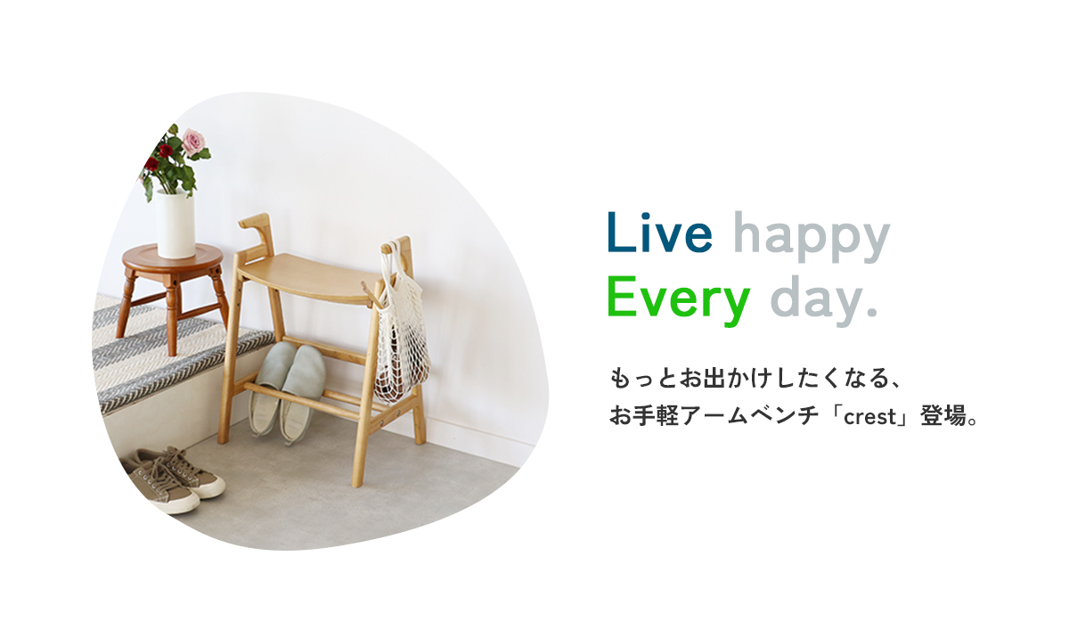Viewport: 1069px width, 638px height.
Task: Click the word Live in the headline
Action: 659,233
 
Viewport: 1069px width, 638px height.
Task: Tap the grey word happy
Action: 812,237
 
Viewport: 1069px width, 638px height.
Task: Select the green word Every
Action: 679,299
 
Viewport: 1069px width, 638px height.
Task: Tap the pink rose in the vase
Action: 193,141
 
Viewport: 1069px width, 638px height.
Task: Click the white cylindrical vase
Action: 175,225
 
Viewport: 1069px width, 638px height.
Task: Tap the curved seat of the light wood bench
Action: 306,278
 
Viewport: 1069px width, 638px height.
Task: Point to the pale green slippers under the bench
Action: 287,389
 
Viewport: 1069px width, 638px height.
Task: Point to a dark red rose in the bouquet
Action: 165,151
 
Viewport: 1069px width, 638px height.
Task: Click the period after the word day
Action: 872,312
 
